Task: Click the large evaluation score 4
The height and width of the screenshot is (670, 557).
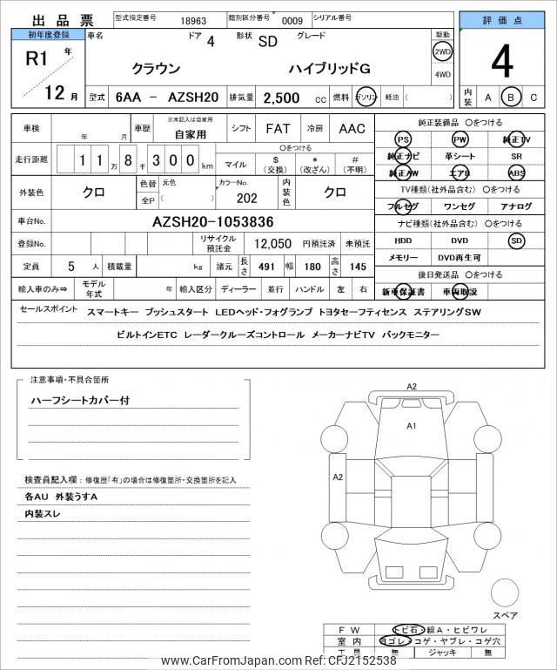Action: point(501,63)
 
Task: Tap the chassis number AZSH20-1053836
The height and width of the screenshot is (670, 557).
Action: point(212,221)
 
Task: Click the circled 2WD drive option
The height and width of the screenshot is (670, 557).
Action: point(442,52)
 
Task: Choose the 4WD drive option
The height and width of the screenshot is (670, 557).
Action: point(442,74)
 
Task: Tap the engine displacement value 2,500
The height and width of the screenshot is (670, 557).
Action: point(276,98)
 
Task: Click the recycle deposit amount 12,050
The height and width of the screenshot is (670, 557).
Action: point(272,244)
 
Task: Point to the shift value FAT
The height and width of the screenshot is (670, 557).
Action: point(278,128)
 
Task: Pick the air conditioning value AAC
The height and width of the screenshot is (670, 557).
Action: point(352,128)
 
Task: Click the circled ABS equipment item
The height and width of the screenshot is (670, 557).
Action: point(517,173)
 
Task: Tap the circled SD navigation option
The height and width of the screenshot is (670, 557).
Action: point(517,240)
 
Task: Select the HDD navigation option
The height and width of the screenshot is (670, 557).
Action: point(402,240)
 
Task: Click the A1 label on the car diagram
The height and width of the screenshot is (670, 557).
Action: point(412,426)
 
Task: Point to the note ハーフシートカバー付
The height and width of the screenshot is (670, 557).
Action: point(80,401)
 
